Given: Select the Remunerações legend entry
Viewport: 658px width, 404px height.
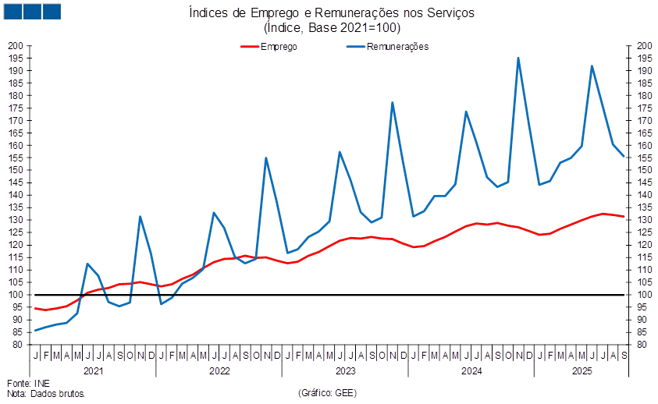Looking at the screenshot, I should click(x=397, y=47).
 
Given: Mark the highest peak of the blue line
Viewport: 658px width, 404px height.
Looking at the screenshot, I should click(x=518, y=58).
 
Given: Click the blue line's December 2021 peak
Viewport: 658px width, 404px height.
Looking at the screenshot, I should click(x=140, y=217).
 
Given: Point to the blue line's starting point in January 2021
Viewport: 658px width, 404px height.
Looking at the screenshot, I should click(x=34, y=331).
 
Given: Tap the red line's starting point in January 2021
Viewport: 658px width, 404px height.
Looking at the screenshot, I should click(x=34, y=308).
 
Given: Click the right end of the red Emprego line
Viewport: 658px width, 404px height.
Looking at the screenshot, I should click(x=624, y=216).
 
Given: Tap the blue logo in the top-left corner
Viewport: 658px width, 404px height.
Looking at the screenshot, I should click(x=32, y=11).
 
